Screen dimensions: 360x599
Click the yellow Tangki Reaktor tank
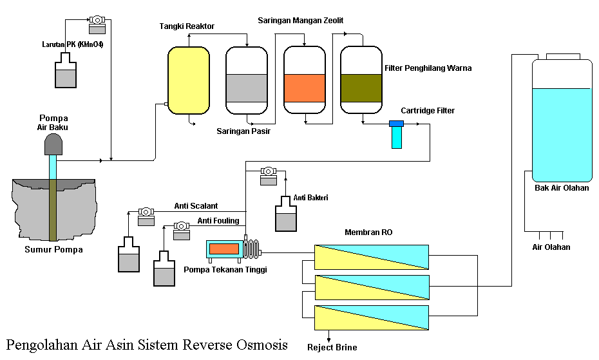189,81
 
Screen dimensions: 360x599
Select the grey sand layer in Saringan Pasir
247,88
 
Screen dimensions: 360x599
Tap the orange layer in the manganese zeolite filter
304,88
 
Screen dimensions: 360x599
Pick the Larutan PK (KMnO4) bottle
66,71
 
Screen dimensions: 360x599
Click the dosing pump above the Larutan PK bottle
97,23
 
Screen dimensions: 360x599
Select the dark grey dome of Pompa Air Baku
53,145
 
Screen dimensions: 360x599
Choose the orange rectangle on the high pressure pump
223,249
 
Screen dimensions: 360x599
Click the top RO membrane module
371,256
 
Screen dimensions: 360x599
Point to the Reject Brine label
332,348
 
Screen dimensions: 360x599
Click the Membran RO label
368,232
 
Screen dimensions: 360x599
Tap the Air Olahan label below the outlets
551,247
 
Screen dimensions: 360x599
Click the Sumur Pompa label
53,249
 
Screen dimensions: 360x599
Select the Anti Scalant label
196,206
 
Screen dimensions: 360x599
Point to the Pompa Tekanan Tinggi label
225,269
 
